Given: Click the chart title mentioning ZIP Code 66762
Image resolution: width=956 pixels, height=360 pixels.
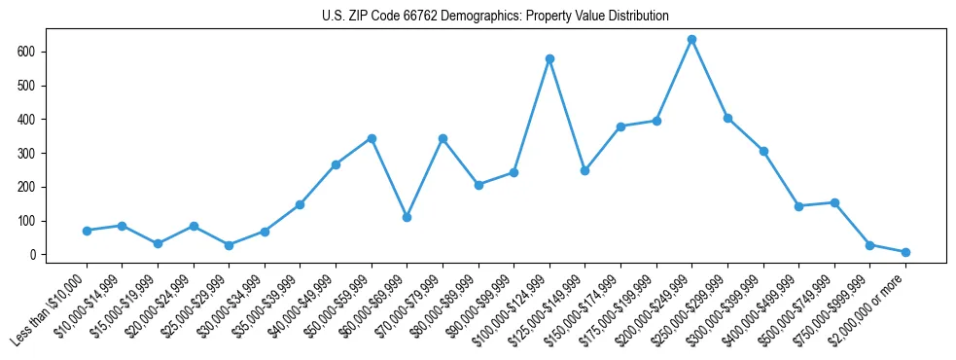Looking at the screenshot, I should [495, 17].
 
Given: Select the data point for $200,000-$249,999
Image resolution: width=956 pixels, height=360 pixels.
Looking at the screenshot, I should [691, 40].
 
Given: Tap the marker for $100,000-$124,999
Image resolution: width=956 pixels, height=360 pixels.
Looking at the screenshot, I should [549, 59].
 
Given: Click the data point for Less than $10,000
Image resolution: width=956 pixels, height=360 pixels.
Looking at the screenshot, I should [87, 231].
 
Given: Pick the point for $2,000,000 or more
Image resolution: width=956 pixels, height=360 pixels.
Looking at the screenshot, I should [905, 252].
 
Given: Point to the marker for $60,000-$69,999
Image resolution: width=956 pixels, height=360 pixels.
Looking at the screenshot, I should [407, 217].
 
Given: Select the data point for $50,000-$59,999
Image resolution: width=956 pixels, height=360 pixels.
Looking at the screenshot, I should [372, 138].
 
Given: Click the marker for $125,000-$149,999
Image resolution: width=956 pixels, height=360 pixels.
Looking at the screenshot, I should [584, 170].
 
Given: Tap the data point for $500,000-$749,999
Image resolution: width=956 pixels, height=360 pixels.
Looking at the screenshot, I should [833, 202].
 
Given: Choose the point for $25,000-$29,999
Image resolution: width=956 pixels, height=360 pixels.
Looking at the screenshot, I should [229, 245].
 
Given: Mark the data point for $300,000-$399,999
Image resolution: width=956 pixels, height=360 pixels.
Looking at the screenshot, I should [763, 151].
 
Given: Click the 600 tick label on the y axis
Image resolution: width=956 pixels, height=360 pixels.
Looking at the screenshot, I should [38, 52].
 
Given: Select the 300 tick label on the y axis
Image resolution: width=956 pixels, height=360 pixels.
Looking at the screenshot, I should [38, 154].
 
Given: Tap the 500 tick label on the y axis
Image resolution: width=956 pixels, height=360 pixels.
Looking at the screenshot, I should [38, 86].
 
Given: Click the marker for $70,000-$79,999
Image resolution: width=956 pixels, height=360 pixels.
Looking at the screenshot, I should [443, 139].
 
